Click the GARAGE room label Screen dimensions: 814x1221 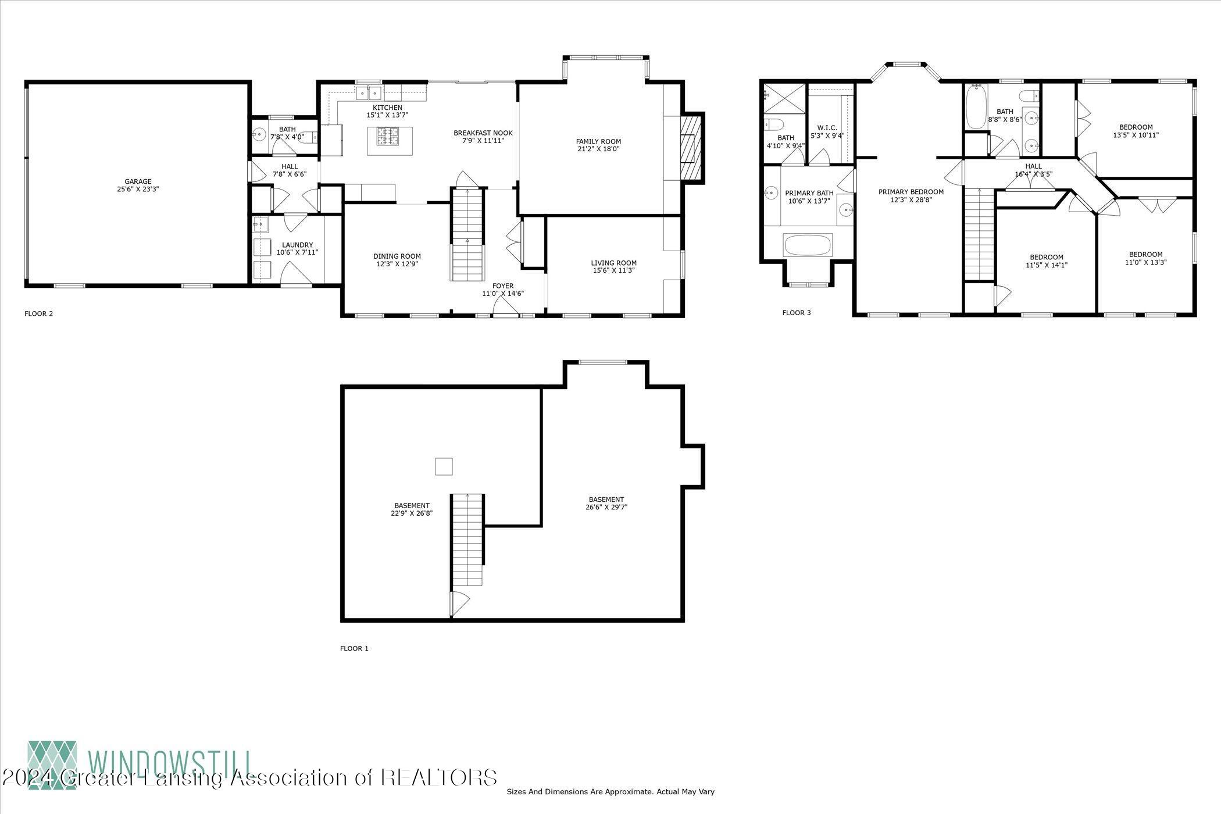point(138,181)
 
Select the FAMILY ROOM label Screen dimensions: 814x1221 point(598,141)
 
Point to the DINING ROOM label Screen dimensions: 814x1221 point(397,256)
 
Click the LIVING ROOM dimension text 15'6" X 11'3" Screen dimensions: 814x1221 point(613,270)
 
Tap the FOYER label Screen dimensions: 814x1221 point(503,285)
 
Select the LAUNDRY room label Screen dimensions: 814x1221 point(297,245)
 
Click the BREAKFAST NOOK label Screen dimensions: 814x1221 point(483,133)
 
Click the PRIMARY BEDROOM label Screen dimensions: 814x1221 point(911,192)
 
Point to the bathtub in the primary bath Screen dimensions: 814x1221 point(808,245)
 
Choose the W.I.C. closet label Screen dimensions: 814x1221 point(827,128)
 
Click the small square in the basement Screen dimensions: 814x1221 point(444,466)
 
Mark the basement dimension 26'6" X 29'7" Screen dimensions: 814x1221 point(606,507)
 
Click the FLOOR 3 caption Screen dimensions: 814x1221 point(796,313)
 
